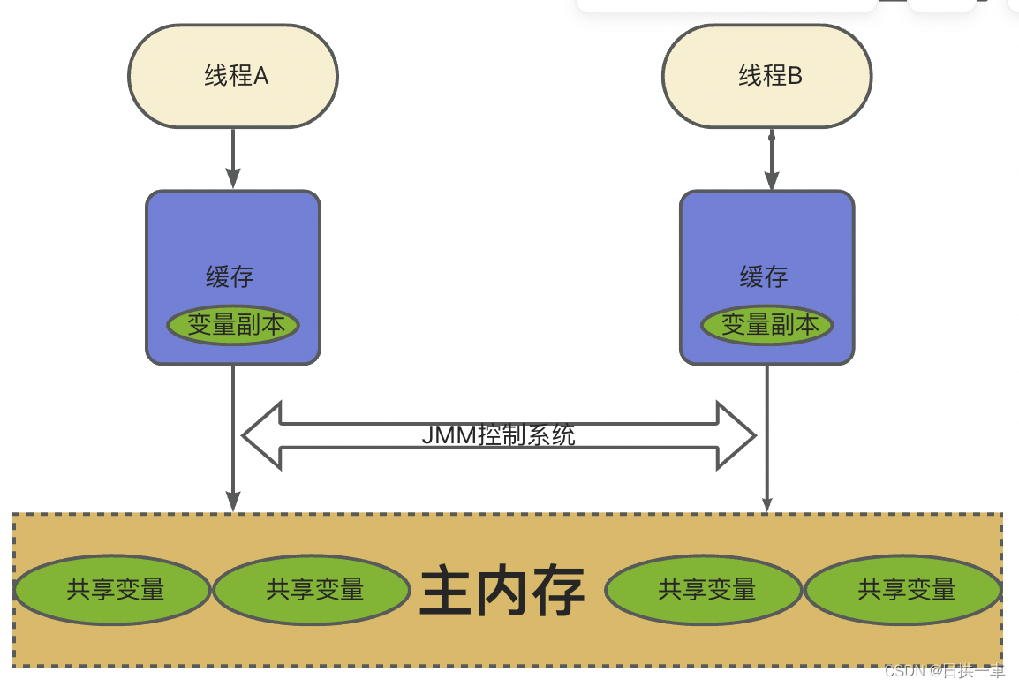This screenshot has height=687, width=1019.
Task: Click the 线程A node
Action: click(x=233, y=76)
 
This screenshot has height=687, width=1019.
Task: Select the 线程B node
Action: click(x=767, y=76)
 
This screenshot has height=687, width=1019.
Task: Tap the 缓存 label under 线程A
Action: click(x=230, y=277)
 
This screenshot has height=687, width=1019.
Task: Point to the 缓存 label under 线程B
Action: click(x=764, y=277)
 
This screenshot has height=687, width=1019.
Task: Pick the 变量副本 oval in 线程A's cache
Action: click(x=233, y=325)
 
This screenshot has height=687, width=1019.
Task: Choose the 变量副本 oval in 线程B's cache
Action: click(x=767, y=325)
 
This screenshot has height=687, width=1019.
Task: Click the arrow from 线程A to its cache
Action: click(x=233, y=159)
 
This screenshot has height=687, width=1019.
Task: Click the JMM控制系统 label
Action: click(x=498, y=435)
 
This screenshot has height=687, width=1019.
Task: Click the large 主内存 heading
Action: click(x=502, y=590)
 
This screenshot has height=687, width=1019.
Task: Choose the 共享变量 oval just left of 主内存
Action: click(x=314, y=590)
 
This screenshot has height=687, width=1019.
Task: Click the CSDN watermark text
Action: click(x=944, y=671)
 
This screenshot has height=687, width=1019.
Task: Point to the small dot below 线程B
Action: click(x=771, y=138)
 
